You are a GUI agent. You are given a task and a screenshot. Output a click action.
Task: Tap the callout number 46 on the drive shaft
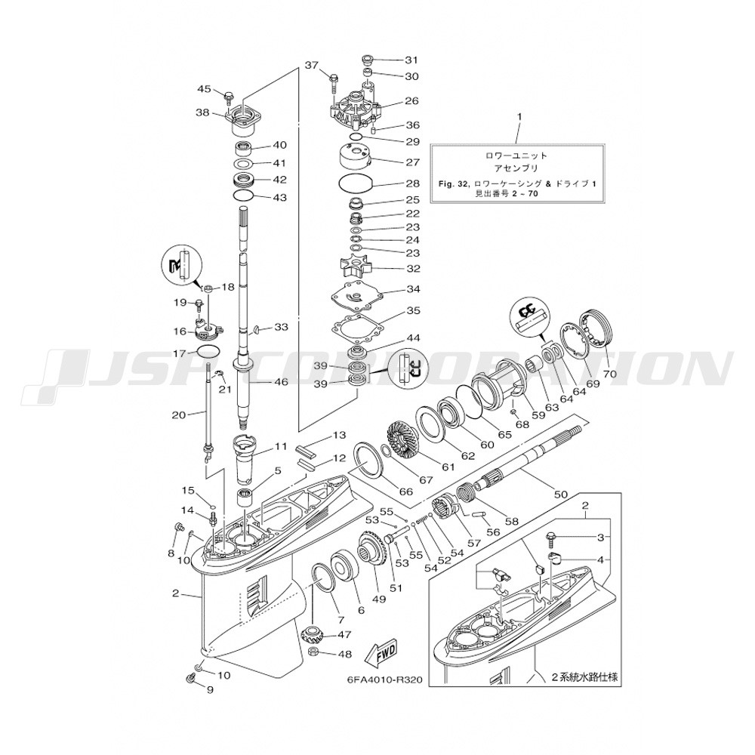pos(280,382)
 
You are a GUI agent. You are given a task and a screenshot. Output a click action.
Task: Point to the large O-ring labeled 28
pos(356,183)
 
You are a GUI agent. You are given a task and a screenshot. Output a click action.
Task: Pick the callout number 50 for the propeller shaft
pos(560,494)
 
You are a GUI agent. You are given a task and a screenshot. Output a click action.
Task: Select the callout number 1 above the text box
pos(519,116)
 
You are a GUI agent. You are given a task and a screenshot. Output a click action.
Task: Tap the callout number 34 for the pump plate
pos(413,289)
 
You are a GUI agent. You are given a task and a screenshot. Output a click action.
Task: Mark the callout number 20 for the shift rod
pos(179,414)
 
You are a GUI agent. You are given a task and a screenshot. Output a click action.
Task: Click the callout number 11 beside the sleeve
pos(280,446)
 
